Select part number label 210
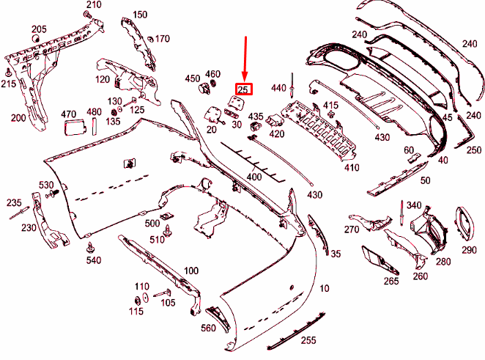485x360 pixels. click(93, 5)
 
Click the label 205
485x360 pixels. click(38, 29)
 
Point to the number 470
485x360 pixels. click(68, 114)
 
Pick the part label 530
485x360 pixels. click(46, 184)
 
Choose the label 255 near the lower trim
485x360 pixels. click(308, 341)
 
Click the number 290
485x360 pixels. click(469, 250)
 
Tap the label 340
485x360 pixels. click(414, 205)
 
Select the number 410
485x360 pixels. click(352, 168)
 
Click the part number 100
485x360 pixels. click(190, 271)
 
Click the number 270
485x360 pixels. click(352, 229)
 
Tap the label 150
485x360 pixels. click(140, 15)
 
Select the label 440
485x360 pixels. click(278, 88)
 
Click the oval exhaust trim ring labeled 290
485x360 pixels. click(464, 223)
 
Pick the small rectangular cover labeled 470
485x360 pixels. click(73, 129)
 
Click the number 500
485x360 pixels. click(152, 223)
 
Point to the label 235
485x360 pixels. click(14, 202)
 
